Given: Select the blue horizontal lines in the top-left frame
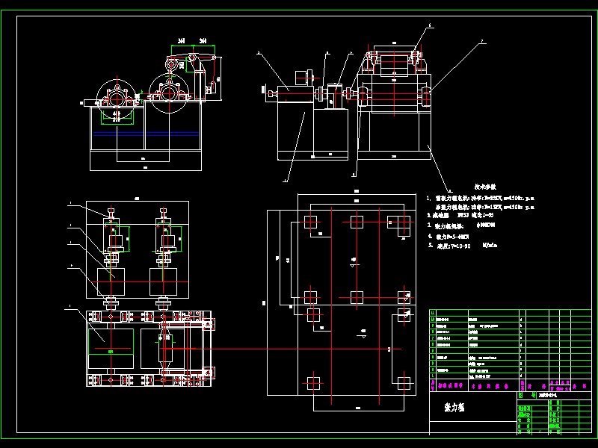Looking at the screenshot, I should (x=145, y=133).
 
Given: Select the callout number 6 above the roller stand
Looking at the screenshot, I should (x=430, y=25).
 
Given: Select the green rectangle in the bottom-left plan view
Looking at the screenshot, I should (x=111, y=346).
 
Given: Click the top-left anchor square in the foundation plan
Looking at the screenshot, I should (x=310, y=221).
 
